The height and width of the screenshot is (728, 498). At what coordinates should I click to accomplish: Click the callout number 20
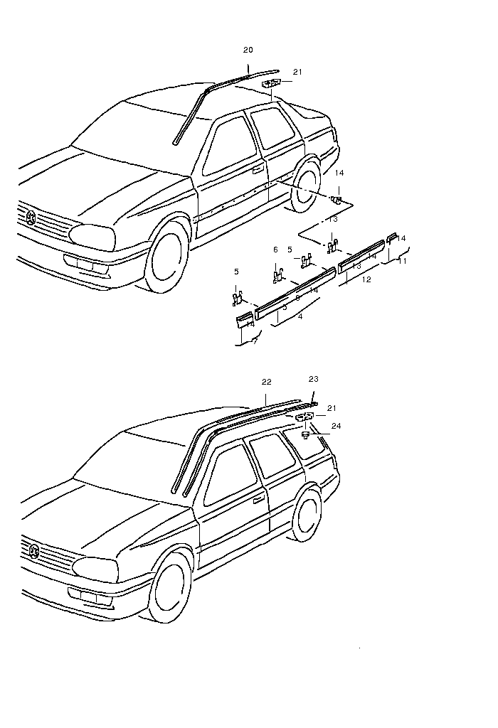point(248,50)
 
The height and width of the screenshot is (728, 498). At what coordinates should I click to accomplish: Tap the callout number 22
point(267,382)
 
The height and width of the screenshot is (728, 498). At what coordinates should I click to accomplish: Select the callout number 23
point(314,379)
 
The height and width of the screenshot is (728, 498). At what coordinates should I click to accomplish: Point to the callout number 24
point(337,426)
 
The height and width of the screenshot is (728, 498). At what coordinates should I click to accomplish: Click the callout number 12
point(366,280)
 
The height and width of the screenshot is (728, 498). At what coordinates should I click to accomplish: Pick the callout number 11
point(403,262)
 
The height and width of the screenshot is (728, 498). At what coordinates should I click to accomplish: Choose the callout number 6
point(275,250)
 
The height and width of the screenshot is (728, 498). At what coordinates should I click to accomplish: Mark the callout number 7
point(255,342)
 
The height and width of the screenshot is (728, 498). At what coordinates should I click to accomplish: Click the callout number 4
point(300,316)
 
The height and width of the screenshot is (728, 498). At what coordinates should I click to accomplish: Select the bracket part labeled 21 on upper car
point(271,85)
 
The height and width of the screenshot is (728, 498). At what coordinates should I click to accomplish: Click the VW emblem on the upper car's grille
point(31,218)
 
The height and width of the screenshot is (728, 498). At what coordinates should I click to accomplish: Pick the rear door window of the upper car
point(275,128)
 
